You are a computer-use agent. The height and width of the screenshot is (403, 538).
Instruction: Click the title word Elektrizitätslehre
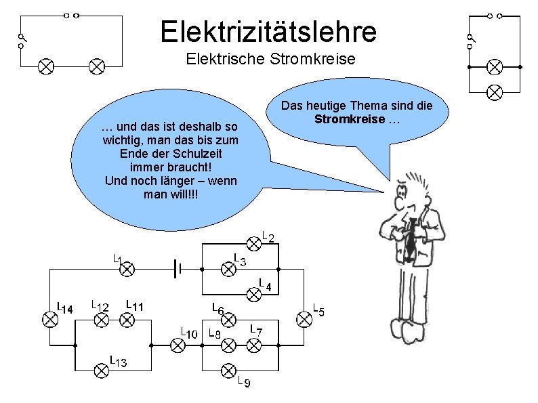pos(268,31)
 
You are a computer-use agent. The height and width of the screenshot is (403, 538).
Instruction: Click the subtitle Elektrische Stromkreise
pos(270,60)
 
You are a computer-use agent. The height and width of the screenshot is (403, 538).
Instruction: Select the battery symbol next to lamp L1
pos(176,269)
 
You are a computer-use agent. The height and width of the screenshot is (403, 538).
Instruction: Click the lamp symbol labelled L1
pos(127,269)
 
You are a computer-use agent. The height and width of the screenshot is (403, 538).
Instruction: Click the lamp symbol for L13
pos(101,369)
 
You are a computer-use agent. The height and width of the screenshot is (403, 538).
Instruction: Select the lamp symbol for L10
pos(178,345)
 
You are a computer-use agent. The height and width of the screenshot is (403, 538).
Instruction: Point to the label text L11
pos(134,306)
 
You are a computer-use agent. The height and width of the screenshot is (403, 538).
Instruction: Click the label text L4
pos(264,286)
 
